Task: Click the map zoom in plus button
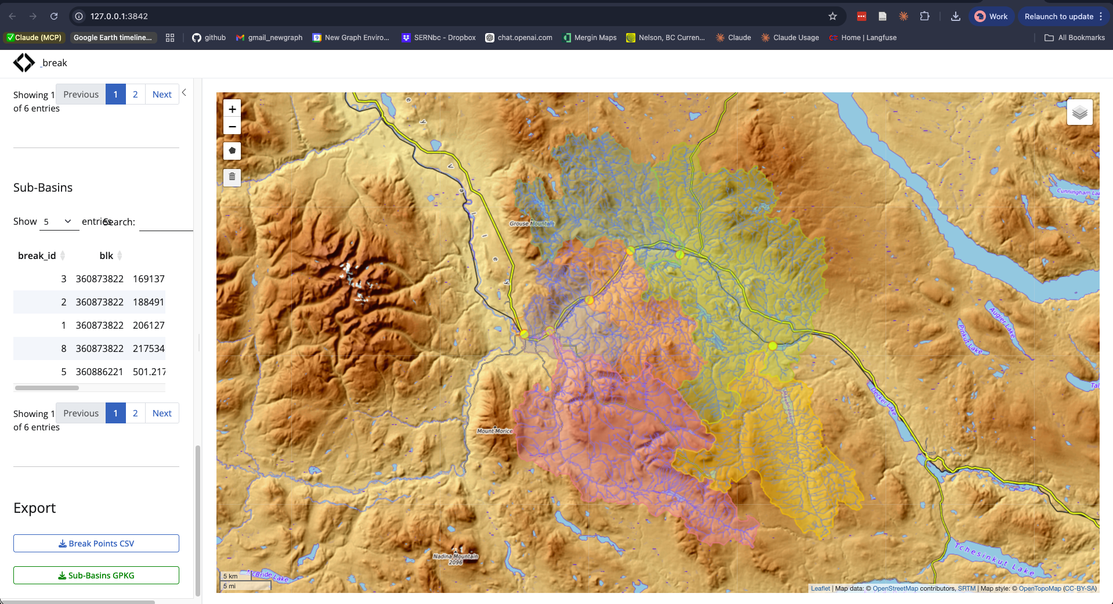coord(232,109)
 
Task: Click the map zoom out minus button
coord(232,127)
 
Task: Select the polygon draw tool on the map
coord(232,151)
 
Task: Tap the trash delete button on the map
coord(232,177)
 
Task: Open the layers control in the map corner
coord(1079,112)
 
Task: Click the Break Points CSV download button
coord(96,544)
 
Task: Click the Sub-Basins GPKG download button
coord(96,576)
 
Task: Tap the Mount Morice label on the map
coord(494,431)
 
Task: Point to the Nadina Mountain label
coord(456,556)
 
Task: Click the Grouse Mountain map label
coord(531,224)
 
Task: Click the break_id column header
coord(37,256)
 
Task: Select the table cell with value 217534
coord(149,348)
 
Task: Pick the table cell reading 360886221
coord(99,372)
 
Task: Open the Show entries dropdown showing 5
coord(59,222)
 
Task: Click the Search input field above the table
coord(166,222)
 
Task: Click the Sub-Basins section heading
coord(43,188)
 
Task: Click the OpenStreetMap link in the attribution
coord(895,588)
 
